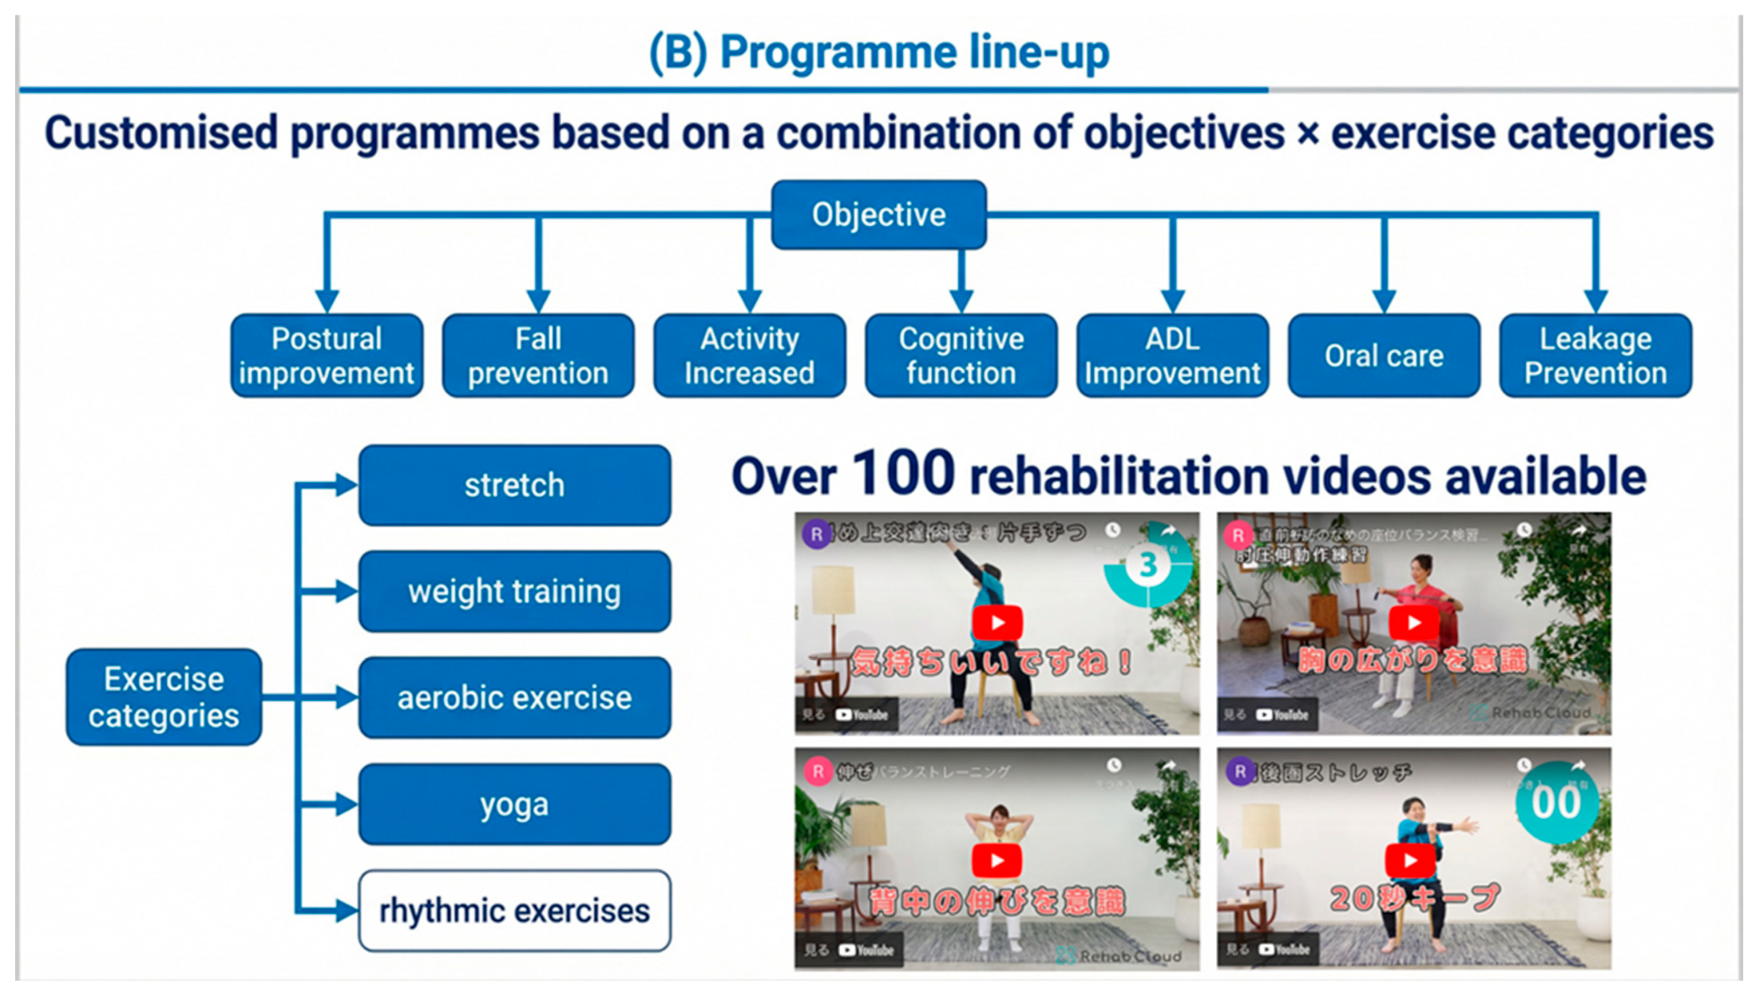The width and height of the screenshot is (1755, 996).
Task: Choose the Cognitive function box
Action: (960, 356)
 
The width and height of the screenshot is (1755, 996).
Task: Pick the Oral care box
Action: (1383, 356)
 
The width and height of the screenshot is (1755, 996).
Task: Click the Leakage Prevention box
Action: (1595, 356)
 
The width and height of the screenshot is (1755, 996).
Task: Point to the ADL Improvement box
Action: (1172, 356)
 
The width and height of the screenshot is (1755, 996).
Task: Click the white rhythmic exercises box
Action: (514, 911)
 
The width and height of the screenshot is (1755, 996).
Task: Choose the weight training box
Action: (514, 592)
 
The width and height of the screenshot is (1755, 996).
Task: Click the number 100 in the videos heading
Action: (903, 474)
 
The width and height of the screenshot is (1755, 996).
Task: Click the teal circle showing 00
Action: (1556, 802)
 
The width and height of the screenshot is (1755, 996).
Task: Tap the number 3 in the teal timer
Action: (1148, 565)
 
